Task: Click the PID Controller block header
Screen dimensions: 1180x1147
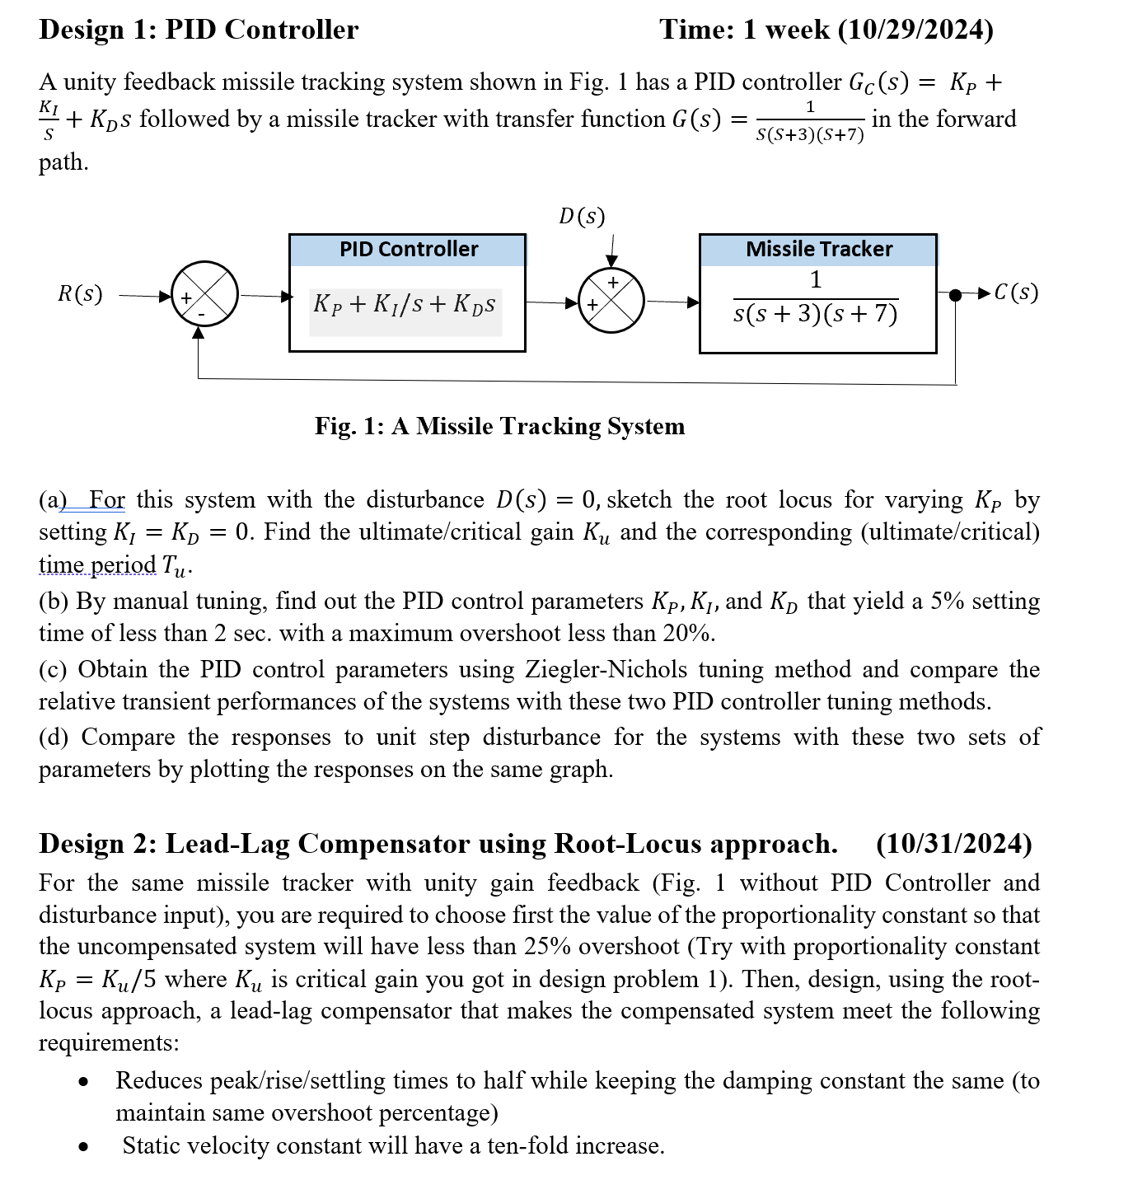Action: (x=408, y=250)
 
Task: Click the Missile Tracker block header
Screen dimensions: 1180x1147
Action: (x=818, y=250)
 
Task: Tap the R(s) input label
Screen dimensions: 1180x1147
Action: (x=80, y=294)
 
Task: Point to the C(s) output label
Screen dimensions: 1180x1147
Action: (x=1016, y=293)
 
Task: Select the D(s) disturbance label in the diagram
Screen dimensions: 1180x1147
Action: (x=582, y=217)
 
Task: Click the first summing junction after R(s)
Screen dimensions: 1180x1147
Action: (x=204, y=295)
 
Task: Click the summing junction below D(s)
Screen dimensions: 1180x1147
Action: (x=611, y=301)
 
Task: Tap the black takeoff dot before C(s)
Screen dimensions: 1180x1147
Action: (x=955, y=294)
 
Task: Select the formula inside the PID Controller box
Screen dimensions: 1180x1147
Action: (x=405, y=304)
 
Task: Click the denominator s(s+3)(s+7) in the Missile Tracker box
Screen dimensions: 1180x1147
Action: (x=815, y=314)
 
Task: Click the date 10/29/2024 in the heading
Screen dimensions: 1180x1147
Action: (x=915, y=30)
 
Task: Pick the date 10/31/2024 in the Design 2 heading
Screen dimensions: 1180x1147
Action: (x=953, y=844)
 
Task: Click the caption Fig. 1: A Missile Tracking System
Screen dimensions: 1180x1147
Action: (x=499, y=426)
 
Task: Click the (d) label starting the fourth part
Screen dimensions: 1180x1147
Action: (x=54, y=737)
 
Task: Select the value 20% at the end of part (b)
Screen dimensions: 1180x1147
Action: (x=691, y=633)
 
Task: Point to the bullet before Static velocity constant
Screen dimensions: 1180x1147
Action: (x=83, y=1146)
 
